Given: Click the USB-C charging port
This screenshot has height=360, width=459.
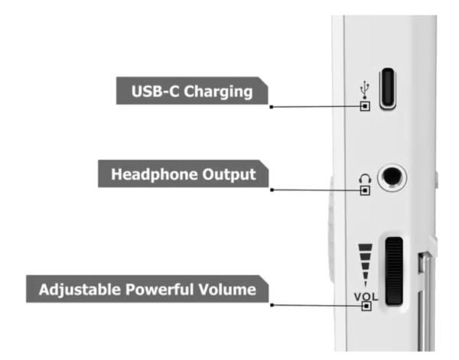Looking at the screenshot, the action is (388, 89).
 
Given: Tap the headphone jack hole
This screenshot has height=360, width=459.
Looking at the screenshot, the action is (392, 177).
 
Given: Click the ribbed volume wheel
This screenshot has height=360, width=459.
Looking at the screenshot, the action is (394, 271).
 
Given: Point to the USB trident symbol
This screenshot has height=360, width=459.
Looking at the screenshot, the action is (364, 89).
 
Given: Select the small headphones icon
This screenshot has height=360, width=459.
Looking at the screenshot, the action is (365, 179).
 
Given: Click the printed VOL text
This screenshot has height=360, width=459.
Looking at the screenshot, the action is (366, 297).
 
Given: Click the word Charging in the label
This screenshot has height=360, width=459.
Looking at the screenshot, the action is (218, 92).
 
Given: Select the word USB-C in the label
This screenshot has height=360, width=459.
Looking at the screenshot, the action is (155, 91).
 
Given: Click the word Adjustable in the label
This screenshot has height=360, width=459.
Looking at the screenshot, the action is (80, 290).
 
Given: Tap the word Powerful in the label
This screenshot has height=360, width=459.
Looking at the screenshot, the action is (159, 290).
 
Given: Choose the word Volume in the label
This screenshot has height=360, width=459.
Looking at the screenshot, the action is (227, 290).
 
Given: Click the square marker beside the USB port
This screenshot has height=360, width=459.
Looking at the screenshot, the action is (365, 106).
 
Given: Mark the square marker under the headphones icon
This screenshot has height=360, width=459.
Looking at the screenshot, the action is (365, 190).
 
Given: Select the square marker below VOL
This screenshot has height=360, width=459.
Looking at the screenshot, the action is (366, 306).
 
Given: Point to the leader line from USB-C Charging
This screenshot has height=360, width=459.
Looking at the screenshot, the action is (316, 107).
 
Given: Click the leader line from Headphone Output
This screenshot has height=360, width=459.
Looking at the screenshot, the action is (317, 190).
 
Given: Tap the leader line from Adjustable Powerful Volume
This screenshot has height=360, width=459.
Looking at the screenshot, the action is (317, 306).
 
